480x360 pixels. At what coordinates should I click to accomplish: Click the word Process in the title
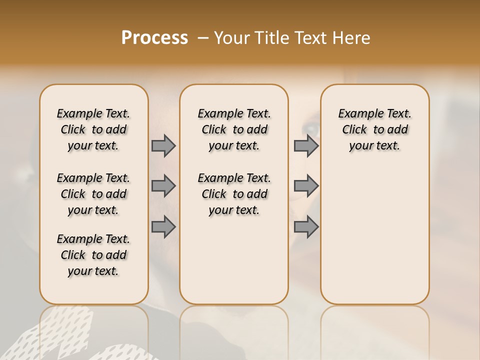tap(154, 38)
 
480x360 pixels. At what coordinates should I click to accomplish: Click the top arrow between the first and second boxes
tap(163, 145)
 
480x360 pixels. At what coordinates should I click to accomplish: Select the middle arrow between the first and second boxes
tap(163, 186)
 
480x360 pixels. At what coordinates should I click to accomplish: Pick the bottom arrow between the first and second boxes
tap(163, 226)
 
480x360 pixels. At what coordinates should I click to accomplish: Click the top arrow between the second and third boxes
tap(306, 145)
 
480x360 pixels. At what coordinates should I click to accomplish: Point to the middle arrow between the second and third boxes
tap(306, 186)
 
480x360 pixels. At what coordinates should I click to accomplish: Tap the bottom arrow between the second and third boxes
tap(306, 226)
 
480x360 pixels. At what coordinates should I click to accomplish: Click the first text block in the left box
tap(93, 129)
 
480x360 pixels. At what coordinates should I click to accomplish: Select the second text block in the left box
tap(93, 194)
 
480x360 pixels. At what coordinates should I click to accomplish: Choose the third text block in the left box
tap(93, 255)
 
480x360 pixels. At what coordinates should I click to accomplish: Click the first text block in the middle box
tap(234, 129)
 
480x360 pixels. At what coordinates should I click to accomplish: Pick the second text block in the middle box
tap(234, 194)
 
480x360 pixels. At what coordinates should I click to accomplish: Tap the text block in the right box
tap(374, 129)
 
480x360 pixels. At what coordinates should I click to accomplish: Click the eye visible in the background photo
tap(311, 129)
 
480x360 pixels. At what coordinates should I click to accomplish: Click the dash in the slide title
tap(203, 38)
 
